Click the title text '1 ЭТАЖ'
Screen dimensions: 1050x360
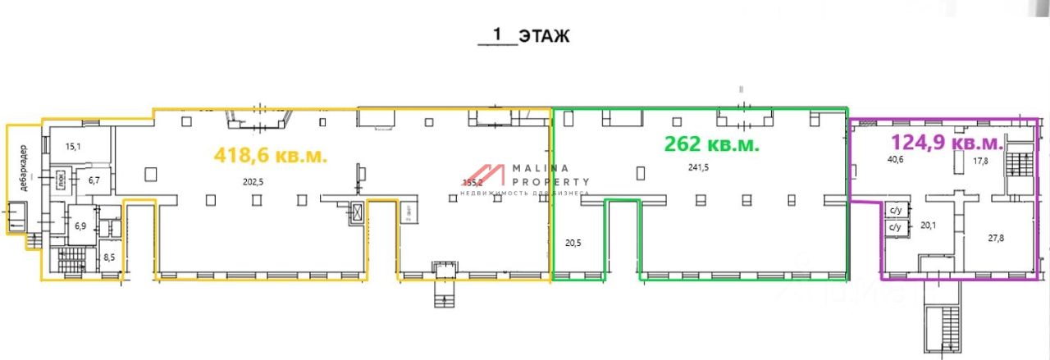(x=525, y=35)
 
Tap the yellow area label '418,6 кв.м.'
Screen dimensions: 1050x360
(x=270, y=154)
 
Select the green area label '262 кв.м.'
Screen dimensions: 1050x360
(x=710, y=144)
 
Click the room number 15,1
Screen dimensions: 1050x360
(x=73, y=147)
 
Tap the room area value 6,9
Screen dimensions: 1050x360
(x=80, y=226)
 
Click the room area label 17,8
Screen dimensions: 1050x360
(x=980, y=161)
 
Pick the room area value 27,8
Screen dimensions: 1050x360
(x=995, y=237)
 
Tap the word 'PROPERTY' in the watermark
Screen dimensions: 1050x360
(x=550, y=182)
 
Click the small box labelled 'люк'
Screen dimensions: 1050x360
(x=62, y=178)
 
